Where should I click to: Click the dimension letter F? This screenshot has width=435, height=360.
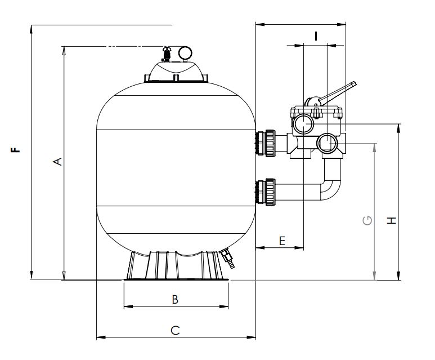point(16,150)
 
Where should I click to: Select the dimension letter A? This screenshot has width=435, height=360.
point(57,161)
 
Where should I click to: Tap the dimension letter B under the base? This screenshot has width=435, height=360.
point(175,300)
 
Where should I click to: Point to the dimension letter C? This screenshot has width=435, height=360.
point(175,331)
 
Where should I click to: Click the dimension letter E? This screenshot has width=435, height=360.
point(282,241)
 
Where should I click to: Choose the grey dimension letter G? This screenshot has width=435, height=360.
point(367,220)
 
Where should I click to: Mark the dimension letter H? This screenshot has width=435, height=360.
point(392,221)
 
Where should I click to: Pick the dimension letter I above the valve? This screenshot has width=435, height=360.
point(316,36)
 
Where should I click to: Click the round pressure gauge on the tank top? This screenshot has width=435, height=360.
point(185,53)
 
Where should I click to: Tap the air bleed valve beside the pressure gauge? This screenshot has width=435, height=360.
point(167,54)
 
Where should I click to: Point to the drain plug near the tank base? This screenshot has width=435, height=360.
point(228,259)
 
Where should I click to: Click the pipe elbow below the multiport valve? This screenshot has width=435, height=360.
point(331,185)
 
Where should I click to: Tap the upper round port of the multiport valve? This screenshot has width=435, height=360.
point(303,124)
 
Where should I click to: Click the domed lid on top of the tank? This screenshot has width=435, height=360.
point(176,72)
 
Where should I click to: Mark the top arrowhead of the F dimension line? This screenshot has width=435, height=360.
point(32,29)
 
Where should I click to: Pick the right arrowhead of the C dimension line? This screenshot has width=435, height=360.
point(252,337)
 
